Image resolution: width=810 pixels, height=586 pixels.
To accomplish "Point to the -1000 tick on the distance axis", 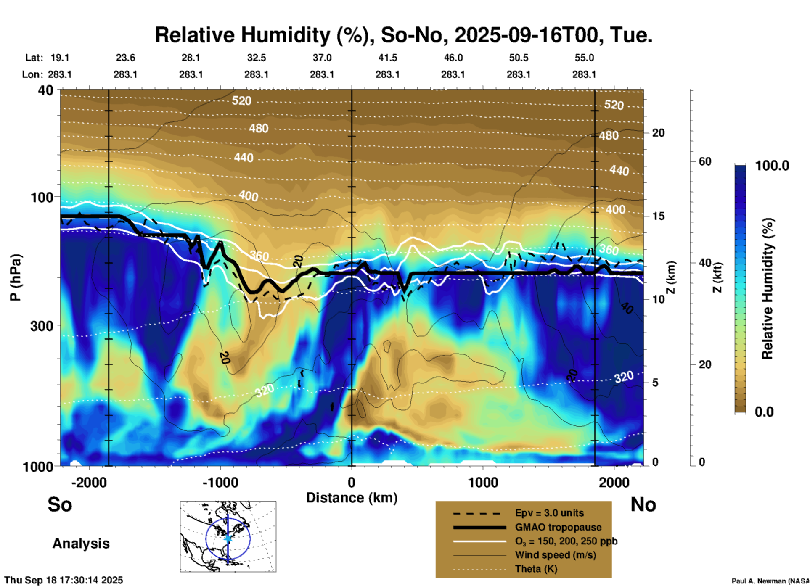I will [220, 482].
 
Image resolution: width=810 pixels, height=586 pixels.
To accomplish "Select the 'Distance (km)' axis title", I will [352, 498].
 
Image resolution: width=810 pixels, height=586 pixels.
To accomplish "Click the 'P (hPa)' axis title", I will [16, 277].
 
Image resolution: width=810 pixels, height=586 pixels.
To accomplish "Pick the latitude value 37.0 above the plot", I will [322, 58].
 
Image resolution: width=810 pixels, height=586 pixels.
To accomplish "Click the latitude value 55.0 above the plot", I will [584, 58].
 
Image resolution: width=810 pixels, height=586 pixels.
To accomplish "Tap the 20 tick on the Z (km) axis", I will [658, 133].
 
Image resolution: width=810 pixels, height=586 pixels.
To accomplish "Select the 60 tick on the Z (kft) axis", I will [705, 161].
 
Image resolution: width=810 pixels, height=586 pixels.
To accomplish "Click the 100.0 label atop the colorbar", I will [772, 166].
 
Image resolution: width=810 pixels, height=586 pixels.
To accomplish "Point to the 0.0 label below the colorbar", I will [764, 412].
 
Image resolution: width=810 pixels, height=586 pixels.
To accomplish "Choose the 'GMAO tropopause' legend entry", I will [558, 527].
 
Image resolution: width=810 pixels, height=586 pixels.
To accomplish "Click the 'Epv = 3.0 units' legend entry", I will [549, 513].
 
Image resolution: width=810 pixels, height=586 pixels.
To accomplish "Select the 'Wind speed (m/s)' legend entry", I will [555, 555].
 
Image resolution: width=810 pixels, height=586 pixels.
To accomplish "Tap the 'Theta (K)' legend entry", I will [536, 569].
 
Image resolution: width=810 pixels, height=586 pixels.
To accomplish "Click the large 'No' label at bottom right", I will [643, 504].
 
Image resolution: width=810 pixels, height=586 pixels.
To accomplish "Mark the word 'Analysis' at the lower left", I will [81, 544].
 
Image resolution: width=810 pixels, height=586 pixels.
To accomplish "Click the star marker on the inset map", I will [228, 538].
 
